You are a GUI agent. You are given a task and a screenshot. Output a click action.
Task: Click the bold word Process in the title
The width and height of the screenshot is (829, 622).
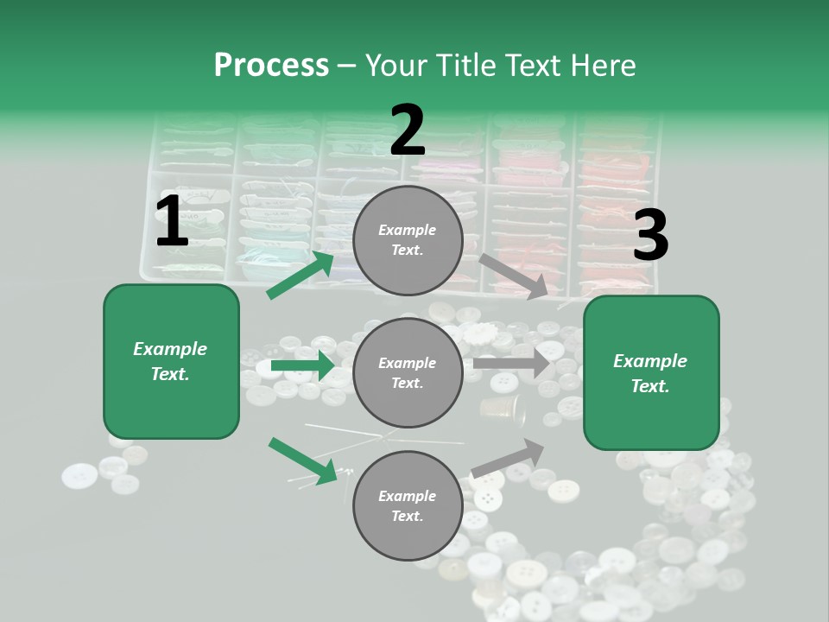point(271,65)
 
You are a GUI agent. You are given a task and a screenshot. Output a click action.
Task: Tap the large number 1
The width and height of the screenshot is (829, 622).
point(172,222)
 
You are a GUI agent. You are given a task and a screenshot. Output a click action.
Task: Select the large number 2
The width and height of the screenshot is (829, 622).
point(408,130)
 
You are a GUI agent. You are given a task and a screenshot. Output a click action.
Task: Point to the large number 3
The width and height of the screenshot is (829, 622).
point(650,235)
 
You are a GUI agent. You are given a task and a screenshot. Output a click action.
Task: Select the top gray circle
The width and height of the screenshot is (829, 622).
point(408,240)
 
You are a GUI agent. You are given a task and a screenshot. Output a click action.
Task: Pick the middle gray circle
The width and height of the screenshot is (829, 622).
point(408,372)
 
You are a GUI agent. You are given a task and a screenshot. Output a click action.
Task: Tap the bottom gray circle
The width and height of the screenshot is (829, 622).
point(408,505)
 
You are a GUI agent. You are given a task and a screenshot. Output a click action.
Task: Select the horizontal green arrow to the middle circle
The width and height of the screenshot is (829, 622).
point(302,365)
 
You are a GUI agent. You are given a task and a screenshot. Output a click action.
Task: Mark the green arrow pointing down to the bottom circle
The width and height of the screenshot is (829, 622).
point(302,460)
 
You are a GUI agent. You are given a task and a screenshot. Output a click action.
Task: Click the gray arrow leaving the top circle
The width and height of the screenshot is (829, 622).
point(514,276)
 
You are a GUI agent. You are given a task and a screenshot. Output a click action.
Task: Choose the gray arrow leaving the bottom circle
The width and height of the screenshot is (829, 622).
point(509,458)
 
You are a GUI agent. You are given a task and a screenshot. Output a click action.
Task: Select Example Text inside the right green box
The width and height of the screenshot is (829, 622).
point(650,373)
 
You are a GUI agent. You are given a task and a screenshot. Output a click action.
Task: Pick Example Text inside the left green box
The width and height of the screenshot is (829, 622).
point(170,361)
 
